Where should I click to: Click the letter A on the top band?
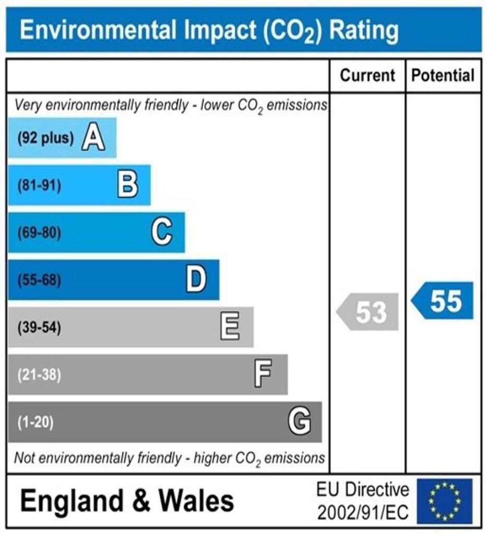point(93,139)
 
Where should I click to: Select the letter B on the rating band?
point(128,186)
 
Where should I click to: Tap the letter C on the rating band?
point(162,233)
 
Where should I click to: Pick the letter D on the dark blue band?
point(196,280)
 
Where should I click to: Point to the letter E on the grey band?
point(230,327)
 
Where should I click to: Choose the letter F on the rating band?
point(263,374)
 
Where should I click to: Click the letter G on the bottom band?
point(300,421)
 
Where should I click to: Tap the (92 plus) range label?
point(45,139)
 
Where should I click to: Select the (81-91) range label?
point(39,186)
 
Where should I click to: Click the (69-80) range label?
point(39,233)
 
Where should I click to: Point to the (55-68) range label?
point(39,281)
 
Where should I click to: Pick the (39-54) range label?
point(39,328)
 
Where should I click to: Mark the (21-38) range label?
point(39,375)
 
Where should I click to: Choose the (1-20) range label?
point(35,422)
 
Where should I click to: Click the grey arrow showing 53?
point(369,312)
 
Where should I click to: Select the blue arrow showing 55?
point(443,301)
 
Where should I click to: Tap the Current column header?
point(367,76)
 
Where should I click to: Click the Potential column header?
point(443,76)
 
